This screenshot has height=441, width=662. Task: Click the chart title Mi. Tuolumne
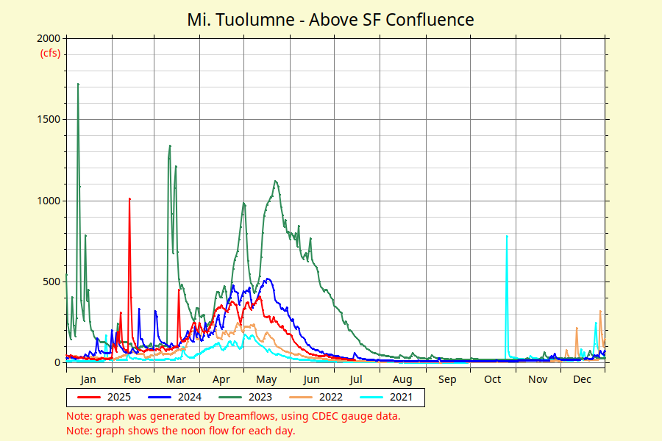(x=330, y=19)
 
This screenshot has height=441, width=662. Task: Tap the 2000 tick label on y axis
(x=50, y=38)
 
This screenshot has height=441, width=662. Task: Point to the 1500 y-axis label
(x=50, y=119)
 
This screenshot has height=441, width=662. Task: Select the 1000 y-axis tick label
(x=50, y=200)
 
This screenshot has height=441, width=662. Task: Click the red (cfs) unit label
(x=50, y=53)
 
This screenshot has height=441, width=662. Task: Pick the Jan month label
(x=88, y=379)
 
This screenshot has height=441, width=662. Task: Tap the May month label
(x=266, y=379)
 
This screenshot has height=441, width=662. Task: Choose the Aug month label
(x=402, y=379)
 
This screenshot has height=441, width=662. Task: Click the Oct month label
(x=493, y=379)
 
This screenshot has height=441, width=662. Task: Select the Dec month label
(x=583, y=379)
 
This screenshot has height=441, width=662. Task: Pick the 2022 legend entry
(x=330, y=397)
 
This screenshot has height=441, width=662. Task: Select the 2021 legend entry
(x=401, y=397)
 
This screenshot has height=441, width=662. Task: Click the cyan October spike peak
(x=507, y=236)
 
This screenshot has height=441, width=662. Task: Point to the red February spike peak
(x=129, y=198)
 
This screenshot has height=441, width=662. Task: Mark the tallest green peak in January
(x=78, y=85)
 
